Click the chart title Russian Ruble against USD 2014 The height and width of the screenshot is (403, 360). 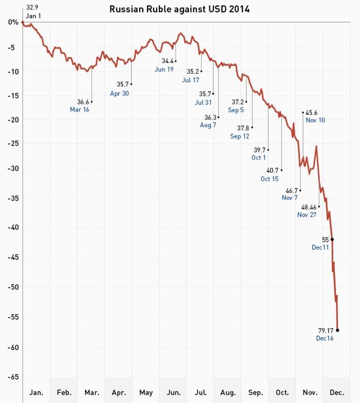(x=180, y=9)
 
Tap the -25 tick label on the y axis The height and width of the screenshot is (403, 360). (x=10, y=144)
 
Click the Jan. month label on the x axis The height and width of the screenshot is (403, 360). (x=37, y=393)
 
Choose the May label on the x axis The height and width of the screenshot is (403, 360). (x=146, y=393)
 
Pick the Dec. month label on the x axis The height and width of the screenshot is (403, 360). (x=337, y=393)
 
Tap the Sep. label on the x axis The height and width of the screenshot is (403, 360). (x=255, y=393)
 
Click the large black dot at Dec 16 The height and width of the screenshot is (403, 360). (x=337, y=329)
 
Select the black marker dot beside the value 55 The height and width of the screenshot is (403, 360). (x=332, y=239)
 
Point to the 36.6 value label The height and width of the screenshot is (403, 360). (x=83, y=102)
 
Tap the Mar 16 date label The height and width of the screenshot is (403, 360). (x=79, y=110)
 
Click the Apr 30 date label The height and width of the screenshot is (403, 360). (x=119, y=93)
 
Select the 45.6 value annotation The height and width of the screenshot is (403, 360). (x=312, y=112)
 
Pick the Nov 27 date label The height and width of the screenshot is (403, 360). (x=307, y=215)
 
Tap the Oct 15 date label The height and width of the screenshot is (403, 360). (x=270, y=179)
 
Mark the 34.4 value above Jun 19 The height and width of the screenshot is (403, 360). (x=168, y=61)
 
